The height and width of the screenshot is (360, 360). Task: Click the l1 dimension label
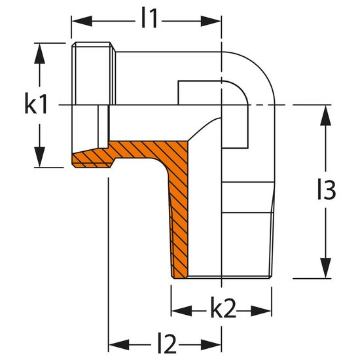pyautogui.click(x=149, y=18)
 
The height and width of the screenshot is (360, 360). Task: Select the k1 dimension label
pyautogui.click(x=36, y=105)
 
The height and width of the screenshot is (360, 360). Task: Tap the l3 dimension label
pyautogui.click(x=327, y=190)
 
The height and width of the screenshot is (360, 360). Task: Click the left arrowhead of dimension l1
pyautogui.click(x=82, y=21)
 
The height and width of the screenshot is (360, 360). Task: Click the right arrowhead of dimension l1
pyautogui.click(x=211, y=21)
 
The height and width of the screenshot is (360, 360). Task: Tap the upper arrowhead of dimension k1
pyautogui.click(x=39, y=53)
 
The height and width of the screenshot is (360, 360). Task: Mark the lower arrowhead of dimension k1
pyautogui.click(x=39, y=157)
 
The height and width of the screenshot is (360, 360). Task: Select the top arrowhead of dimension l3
pyautogui.click(x=325, y=115)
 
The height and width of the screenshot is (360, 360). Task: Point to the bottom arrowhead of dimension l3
pyautogui.click(x=325, y=268)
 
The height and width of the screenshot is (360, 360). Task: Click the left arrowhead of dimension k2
pyautogui.click(x=182, y=311)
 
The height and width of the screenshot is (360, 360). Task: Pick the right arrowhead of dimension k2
pyautogui.click(x=261, y=311)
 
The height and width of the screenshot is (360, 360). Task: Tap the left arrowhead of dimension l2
pyautogui.click(x=119, y=344)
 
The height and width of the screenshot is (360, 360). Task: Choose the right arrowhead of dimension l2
pyautogui.click(x=211, y=344)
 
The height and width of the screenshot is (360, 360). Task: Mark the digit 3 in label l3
pyautogui.click(x=329, y=190)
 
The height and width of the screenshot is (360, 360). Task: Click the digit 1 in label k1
pyautogui.click(x=43, y=105)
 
